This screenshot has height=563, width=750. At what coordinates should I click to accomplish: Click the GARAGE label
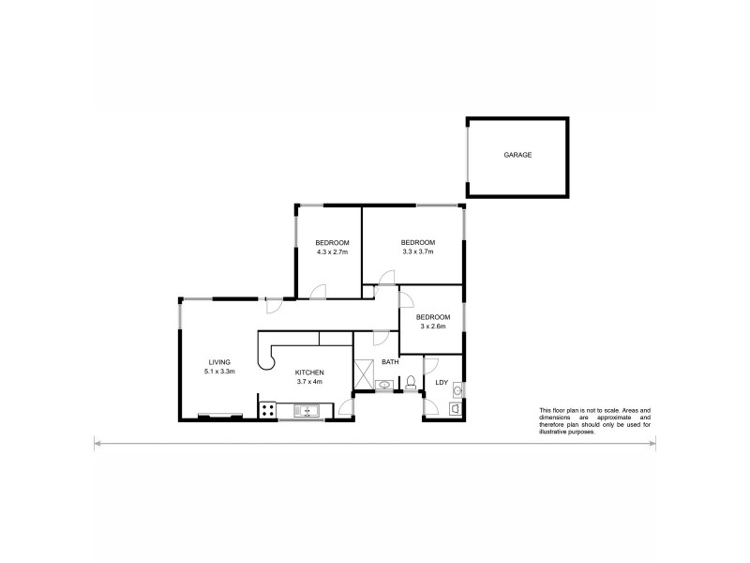(517, 155)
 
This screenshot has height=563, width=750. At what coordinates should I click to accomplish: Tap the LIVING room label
(219, 362)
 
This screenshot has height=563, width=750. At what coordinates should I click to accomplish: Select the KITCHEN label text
(309, 372)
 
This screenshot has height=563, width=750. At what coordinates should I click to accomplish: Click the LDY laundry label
(441, 382)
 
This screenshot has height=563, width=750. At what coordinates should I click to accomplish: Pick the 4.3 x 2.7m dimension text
(332, 251)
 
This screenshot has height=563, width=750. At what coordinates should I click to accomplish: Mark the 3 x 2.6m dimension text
(431, 327)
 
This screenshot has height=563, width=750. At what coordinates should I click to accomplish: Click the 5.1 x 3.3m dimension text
(219, 372)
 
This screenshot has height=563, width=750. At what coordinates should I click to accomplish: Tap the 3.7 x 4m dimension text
(309, 381)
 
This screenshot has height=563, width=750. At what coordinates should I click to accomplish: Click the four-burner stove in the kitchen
(267, 409)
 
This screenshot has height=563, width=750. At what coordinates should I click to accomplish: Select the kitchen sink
(307, 410)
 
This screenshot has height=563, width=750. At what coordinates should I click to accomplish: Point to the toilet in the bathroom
(411, 383)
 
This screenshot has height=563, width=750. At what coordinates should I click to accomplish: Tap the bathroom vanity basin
(384, 385)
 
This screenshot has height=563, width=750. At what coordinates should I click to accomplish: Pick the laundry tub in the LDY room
(455, 409)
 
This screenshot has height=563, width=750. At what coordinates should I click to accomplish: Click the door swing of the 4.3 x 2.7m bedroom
(319, 292)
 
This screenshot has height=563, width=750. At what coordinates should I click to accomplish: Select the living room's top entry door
(272, 304)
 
